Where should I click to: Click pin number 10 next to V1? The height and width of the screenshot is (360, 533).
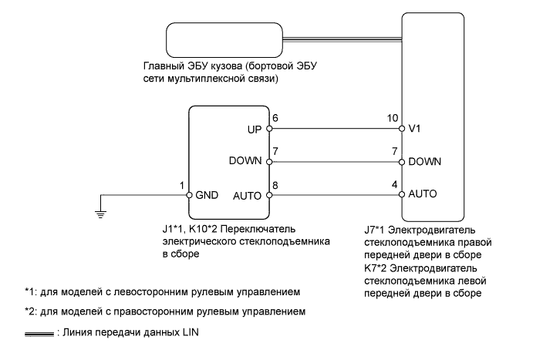[392, 119]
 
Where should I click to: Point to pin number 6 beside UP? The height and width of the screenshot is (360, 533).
[275, 119]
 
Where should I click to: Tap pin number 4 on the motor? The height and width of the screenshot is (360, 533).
[395, 185]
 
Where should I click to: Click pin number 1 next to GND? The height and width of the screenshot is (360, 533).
[182, 185]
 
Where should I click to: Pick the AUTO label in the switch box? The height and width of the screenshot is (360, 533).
[248, 195]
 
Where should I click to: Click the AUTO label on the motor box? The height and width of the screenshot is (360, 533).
[424, 195]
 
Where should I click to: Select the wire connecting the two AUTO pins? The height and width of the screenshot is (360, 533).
[335, 195]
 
